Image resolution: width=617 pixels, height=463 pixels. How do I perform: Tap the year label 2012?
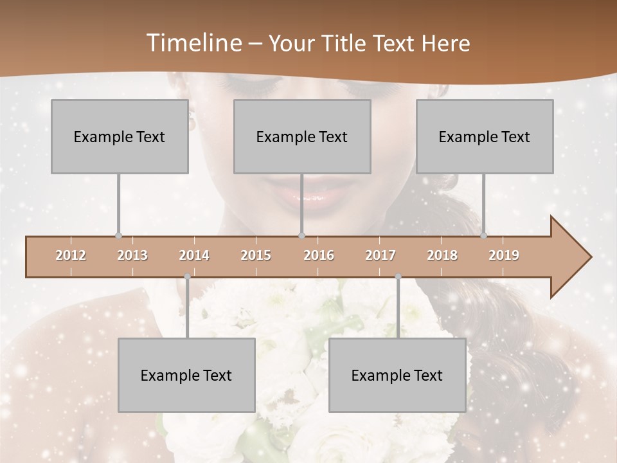71,255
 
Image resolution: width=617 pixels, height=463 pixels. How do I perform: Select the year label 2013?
132,255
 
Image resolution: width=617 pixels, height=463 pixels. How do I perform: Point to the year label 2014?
194,255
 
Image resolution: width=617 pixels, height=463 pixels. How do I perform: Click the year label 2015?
256,255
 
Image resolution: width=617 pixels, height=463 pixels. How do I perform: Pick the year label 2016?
319,255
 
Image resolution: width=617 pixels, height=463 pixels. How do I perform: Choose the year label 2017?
380,255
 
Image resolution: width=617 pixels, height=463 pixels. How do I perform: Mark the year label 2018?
442,255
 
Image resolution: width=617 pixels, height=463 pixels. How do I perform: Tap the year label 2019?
504,255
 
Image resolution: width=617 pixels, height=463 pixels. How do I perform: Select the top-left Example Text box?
120,136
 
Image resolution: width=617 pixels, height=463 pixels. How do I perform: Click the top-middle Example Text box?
302,136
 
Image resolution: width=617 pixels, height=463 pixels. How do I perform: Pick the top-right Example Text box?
485,136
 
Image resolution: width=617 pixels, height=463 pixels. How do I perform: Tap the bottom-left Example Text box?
186,375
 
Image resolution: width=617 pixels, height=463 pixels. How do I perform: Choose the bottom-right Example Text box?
397,375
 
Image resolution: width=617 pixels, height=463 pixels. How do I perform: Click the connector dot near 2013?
118,236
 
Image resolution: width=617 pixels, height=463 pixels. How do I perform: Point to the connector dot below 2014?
187,277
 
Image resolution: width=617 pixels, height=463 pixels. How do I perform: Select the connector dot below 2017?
398,277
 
